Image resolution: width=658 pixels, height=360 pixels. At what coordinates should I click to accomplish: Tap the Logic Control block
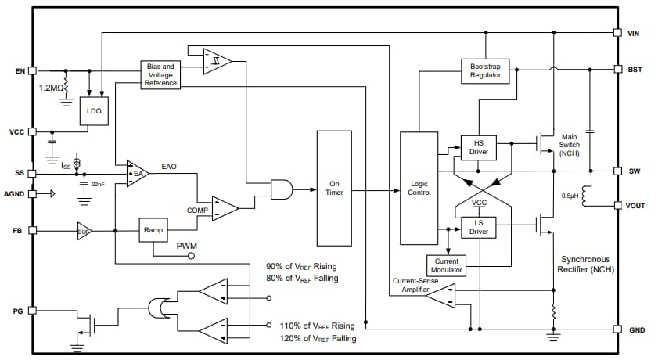pyautogui.click(x=419, y=188)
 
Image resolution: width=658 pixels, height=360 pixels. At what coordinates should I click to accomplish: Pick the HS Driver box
pyautogui.click(x=478, y=147)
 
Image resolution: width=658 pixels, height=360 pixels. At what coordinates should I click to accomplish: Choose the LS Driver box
pyautogui.click(x=478, y=227)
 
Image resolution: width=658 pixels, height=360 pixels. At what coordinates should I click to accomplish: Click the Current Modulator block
pyautogui.click(x=447, y=265)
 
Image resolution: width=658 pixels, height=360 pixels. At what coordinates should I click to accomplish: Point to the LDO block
pyautogui.click(x=94, y=112)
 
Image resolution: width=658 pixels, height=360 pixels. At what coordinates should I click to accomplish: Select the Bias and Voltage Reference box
pyautogui.click(x=160, y=74)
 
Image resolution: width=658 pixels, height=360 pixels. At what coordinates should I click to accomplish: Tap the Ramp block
pyautogui.click(x=152, y=230)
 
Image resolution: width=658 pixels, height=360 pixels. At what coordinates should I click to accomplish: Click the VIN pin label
pyautogui.click(x=635, y=34)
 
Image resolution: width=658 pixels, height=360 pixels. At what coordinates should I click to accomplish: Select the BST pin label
pyautogui.click(x=635, y=69)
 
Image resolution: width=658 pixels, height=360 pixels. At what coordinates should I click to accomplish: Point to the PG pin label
pyautogui.click(x=19, y=311)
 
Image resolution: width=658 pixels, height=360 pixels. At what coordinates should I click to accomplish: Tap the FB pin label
pyautogui.click(x=19, y=231)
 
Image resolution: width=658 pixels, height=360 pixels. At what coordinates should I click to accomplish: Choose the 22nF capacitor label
pyautogui.click(x=98, y=183)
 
